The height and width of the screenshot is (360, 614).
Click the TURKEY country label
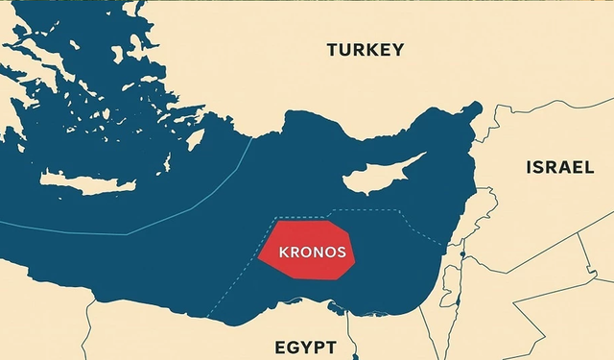(x=365, y=50)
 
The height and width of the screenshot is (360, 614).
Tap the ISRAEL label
(x=559, y=168)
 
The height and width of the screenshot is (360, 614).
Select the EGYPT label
(x=305, y=347)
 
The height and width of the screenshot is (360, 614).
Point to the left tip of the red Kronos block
(x=260, y=257)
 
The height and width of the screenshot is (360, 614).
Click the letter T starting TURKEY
(x=332, y=50)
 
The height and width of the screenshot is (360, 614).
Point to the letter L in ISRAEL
(x=588, y=168)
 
